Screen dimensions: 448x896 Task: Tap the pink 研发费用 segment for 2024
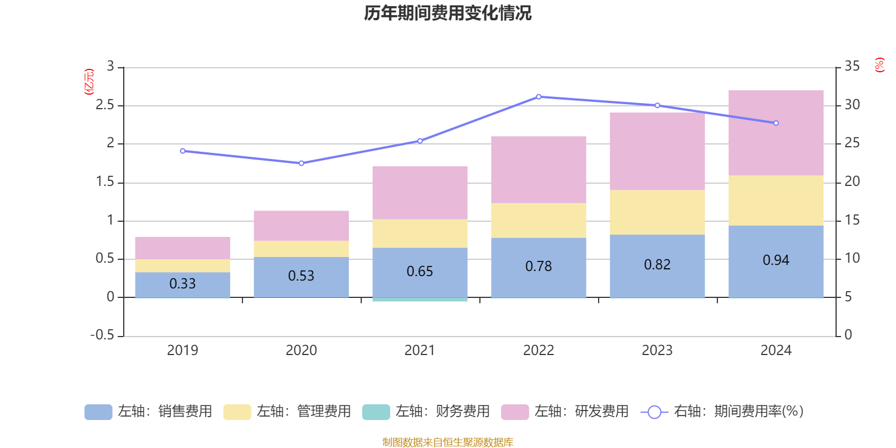click(776, 133)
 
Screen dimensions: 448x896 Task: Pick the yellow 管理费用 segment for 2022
click(538, 220)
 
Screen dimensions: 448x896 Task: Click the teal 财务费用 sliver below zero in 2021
click(419, 300)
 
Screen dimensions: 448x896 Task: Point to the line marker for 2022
click(539, 97)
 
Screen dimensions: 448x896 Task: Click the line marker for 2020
click(301, 164)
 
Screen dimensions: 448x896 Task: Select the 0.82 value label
click(657, 265)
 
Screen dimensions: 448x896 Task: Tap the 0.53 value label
click(301, 276)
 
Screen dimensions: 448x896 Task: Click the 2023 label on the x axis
click(657, 351)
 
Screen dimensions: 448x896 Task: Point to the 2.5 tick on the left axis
click(105, 105)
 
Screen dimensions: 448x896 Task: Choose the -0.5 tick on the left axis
click(102, 335)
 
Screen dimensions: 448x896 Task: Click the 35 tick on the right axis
click(852, 67)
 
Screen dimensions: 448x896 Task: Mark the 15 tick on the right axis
click(852, 220)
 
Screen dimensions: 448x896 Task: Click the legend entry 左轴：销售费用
click(148, 412)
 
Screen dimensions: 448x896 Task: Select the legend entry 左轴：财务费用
click(426, 412)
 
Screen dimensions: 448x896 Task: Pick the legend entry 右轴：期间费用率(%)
click(722, 412)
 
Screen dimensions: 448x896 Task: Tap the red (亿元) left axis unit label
click(89, 82)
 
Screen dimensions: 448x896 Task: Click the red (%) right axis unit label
click(880, 65)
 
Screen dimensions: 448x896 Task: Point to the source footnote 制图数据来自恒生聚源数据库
click(447, 442)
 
